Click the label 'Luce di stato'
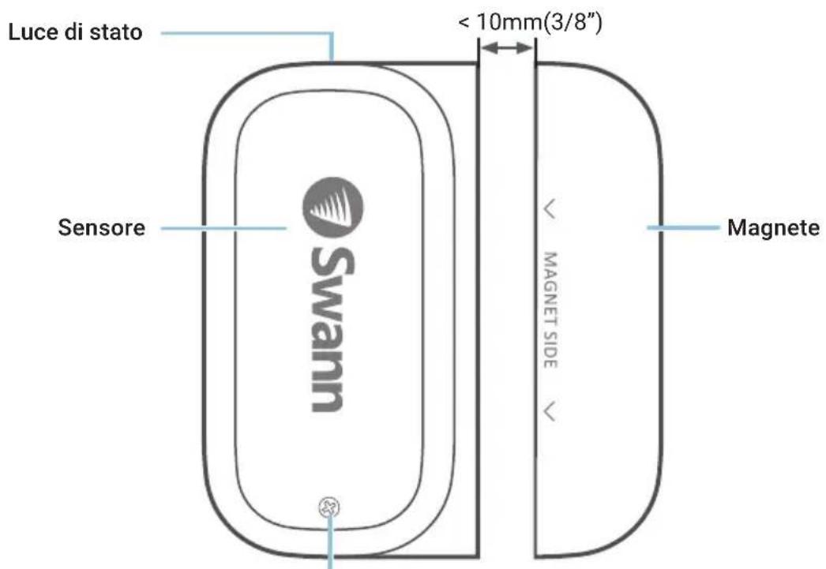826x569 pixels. click(75, 32)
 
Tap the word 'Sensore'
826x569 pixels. click(102, 227)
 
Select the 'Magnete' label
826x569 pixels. click(773, 227)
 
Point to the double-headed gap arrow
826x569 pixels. click(507, 48)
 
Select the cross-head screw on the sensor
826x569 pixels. click(329, 508)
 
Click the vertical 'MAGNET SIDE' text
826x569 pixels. click(550, 310)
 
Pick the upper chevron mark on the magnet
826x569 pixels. click(550, 209)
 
